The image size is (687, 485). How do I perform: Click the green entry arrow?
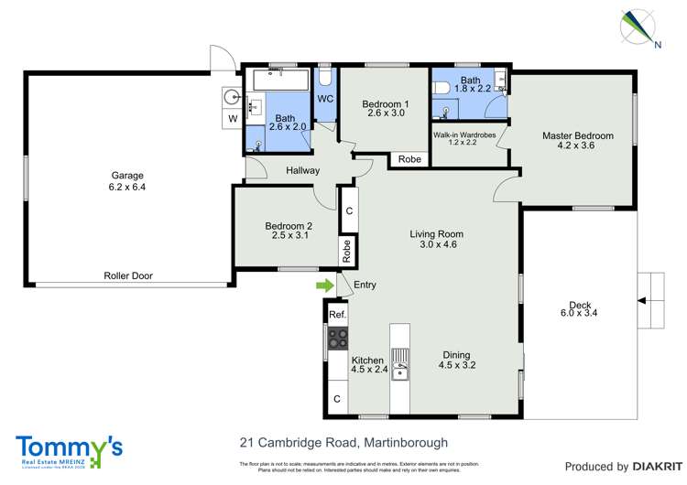point(324,286)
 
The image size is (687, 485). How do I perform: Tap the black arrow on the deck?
point(642,299)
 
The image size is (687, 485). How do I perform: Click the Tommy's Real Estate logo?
point(69,450)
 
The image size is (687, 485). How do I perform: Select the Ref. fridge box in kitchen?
point(337,315)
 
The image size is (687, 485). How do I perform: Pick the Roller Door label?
point(127,275)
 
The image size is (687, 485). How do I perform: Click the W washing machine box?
point(233,119)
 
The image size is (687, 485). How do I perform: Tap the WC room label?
point(325,98)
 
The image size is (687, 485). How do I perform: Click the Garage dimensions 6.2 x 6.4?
point(127,188)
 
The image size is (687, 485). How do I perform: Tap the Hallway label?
point(302,170)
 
